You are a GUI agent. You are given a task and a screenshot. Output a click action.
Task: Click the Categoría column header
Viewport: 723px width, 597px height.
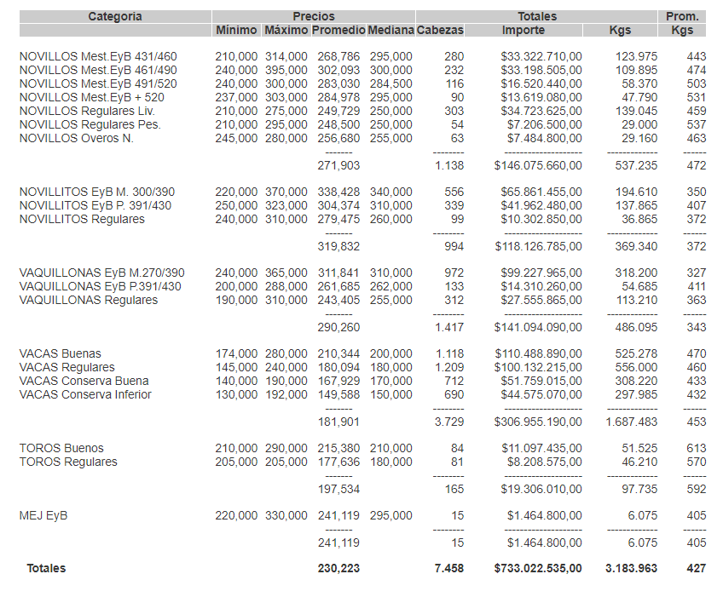point(115,16)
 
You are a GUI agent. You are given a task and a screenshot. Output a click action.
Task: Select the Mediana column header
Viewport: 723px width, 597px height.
point(390,30)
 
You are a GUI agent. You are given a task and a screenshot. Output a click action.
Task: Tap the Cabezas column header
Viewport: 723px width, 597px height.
point(440,30)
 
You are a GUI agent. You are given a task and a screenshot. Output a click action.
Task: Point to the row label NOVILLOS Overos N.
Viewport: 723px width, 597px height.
point(76,138)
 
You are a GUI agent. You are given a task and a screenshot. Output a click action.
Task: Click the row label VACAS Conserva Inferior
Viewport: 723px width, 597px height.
point(85,394)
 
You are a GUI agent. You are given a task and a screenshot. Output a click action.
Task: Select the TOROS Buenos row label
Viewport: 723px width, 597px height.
point(61,448)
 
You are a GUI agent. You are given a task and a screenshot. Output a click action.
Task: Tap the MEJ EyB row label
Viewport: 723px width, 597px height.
point(43,515)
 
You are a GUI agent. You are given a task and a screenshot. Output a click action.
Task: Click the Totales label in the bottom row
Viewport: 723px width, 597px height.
point(46,568)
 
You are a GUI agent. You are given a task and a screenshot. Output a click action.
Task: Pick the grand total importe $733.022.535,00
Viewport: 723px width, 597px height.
point(538,568)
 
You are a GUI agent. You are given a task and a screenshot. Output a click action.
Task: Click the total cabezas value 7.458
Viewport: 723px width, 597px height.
point(448,568)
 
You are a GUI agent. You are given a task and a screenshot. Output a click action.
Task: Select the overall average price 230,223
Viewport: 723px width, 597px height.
point(338,568)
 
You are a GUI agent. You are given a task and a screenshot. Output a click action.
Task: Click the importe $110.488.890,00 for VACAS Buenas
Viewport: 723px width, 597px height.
point(538,353)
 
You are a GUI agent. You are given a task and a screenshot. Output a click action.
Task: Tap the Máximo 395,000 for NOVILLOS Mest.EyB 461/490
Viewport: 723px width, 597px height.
point(286,70)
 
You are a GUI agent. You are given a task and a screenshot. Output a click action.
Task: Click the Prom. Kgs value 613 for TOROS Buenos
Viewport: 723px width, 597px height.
point(696,448)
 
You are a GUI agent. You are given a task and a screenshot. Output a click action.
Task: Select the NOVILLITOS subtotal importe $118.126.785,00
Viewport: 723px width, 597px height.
point(538,246)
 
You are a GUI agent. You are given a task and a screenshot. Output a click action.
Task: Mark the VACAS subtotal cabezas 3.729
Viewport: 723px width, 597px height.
point(448,421)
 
